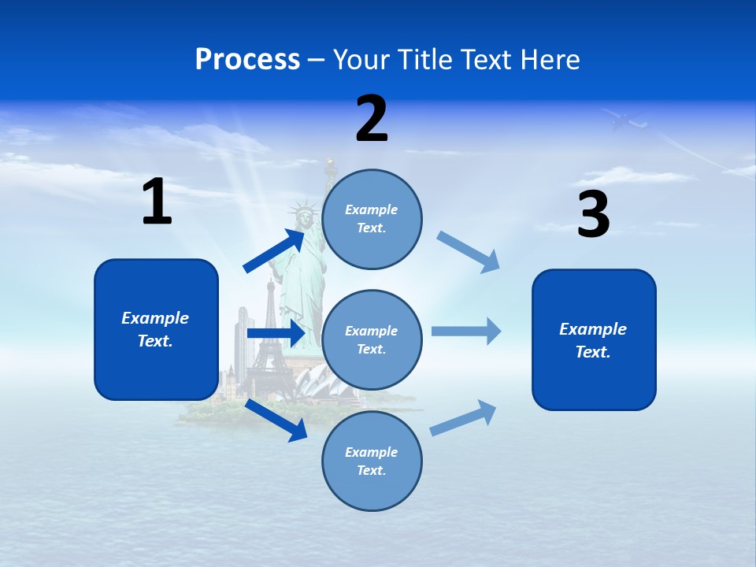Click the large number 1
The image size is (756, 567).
[157, 202]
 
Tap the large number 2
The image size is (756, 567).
[372, 118]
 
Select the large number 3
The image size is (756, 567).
[593, 214]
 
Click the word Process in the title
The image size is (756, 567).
[247, 59]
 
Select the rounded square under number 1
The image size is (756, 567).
[156, 329]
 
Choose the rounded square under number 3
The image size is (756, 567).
[594, 340]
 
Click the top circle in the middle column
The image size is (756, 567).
[372, 219]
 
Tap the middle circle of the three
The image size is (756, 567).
[372, 340]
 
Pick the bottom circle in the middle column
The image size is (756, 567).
[372, 461]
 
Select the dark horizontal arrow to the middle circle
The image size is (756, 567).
[276, 334]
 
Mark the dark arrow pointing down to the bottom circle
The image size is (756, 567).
[277, 421]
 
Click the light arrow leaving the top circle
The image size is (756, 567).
[469, 251]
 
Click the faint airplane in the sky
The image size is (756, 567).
[624, 120]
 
